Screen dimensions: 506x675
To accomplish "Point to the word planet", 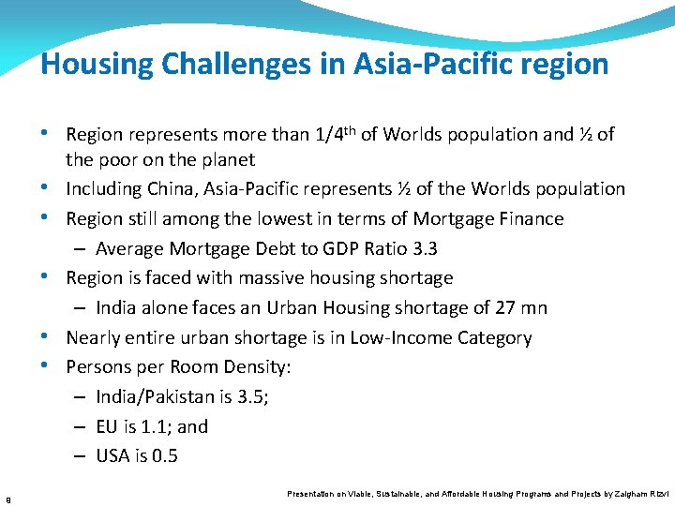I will click(225, 159).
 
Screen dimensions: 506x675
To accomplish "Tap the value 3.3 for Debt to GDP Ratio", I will click(424, 248).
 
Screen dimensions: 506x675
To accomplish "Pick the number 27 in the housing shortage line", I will click(505, 308).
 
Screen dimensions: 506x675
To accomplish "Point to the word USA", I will click(113, 457).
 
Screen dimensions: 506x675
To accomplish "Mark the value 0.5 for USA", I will click(164, 457).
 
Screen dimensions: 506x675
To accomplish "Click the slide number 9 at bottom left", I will click(7, 498).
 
